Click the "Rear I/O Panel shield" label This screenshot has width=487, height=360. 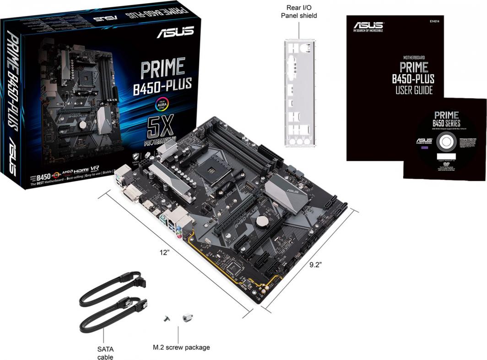298,11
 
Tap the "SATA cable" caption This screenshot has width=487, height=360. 105,353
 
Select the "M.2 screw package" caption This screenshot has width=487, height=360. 181,347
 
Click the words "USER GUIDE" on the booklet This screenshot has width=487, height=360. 414,90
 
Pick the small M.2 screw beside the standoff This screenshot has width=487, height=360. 168,318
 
